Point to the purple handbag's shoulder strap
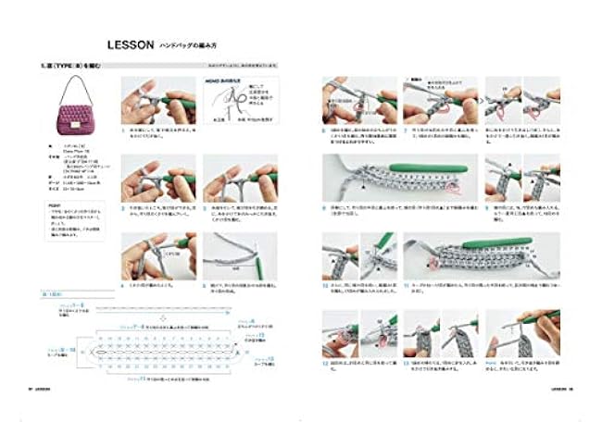[77, 88]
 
